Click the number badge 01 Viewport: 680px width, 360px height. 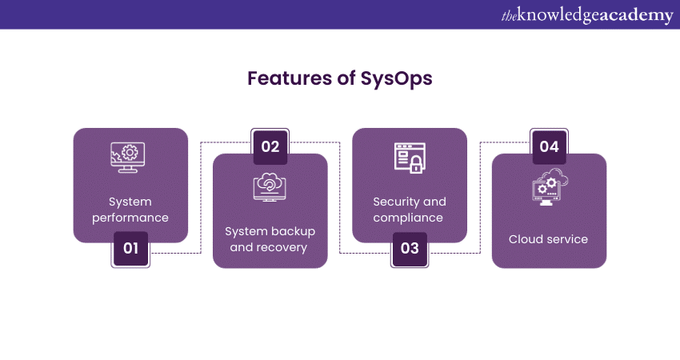coord(130,249)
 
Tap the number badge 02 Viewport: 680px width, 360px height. coord(270,146)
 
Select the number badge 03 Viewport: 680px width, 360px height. coord(410,249)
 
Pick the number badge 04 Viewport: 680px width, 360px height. coord(549,146)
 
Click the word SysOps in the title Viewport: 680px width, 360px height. coord(396,79)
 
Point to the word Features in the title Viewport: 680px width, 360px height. coord(290,78)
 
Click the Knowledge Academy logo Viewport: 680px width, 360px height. coord(587,15)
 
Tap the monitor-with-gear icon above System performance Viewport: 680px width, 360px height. coord(128,158)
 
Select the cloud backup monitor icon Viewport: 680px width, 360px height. coord(270,187)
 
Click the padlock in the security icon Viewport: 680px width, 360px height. coord(416,164)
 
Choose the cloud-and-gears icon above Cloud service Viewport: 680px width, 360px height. coord(550,187)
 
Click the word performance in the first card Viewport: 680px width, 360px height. coord(130,218)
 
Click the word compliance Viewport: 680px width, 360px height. coord(408,218)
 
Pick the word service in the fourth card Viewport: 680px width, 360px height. coord(567,239)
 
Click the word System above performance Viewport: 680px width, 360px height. coord(130,202)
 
